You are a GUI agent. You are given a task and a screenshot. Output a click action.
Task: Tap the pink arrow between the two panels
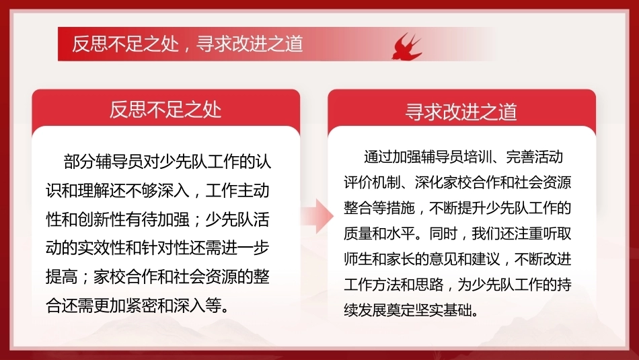point(318,216)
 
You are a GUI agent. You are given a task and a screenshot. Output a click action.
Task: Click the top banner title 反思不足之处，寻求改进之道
point(188,44)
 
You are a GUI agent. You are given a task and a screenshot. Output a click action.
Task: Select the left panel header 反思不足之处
point(165,110)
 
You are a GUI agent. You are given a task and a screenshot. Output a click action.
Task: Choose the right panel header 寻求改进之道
point(461,112)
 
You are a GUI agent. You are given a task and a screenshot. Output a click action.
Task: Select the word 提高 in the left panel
point(61,277)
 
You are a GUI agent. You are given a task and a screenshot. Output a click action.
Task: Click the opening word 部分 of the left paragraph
point(79,161)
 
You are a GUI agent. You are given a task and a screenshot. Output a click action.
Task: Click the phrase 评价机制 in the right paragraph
point(372,182)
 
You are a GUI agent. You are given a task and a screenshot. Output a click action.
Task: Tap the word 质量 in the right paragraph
point(358,233)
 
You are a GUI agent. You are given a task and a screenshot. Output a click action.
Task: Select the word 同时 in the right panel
point(443,233)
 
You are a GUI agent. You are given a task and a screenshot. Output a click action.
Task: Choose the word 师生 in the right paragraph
point(358,259)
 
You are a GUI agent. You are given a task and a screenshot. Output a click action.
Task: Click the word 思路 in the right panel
point(429,285)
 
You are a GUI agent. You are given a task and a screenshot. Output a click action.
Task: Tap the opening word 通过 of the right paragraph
point(378,157)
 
